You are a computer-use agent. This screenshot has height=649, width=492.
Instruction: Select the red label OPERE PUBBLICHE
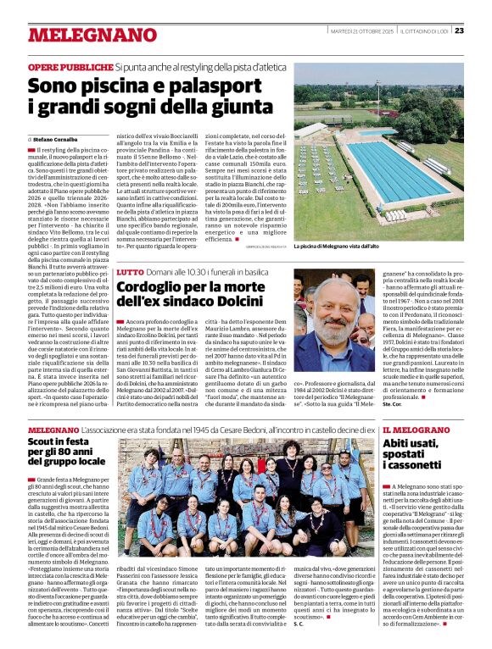coord(70,66)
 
